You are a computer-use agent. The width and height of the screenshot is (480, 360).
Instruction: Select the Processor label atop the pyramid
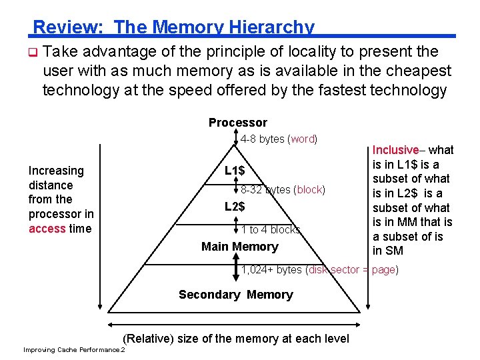click(x=237, y=123)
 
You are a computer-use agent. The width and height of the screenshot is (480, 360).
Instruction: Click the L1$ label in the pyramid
click(x=234, y=171)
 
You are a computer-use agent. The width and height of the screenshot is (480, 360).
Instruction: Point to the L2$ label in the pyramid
click(x=234, y=207)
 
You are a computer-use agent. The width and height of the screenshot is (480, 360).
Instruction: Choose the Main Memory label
click(x=239, y=247)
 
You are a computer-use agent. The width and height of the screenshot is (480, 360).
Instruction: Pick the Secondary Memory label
click(x=235, y=295)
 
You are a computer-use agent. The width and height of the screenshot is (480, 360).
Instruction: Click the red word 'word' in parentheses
click(x=303, y=139)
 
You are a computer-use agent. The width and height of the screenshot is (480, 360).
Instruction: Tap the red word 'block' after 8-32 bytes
click(x=309, y=190)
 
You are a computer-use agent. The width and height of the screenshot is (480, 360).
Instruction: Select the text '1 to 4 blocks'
click(x=270, y=230)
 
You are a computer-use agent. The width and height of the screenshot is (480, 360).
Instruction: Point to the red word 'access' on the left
click(x=47, y=229)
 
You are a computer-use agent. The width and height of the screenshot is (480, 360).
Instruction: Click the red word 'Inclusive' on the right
click(x=395, y=151)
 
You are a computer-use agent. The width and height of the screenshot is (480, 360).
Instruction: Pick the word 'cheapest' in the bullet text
click(x=417, y=71)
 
